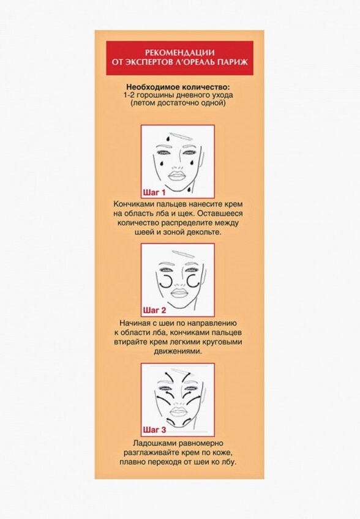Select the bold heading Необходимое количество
178,87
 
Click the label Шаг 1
154,193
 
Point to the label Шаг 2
154,310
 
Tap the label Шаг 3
154,430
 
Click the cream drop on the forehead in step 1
168,138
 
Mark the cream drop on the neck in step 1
189,190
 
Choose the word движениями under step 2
178,351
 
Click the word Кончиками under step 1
134,204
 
